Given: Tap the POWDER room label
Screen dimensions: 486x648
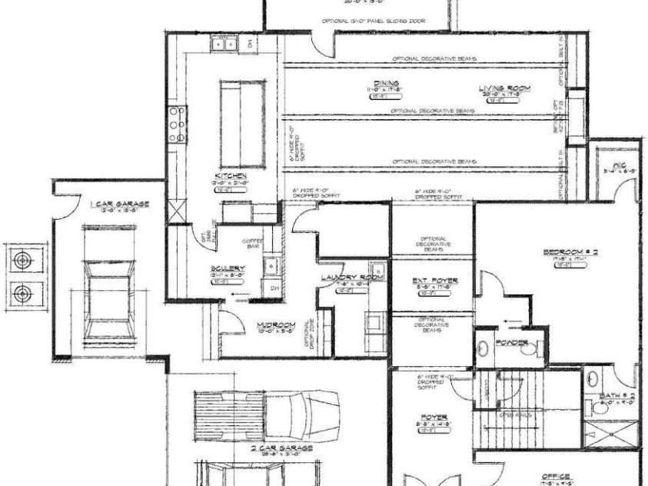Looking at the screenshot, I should [510, 341].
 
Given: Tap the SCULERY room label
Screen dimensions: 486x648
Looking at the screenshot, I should [228, 269].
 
